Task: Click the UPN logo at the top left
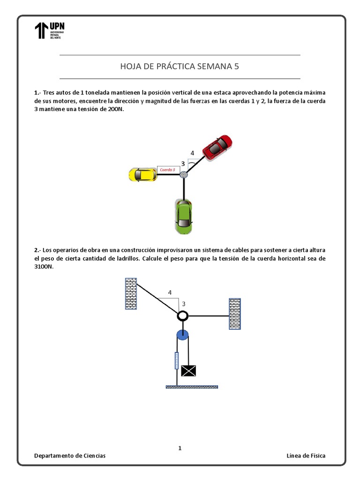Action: [49, 30]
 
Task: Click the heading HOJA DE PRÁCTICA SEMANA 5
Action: [180, 66]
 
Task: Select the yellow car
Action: [142, 174]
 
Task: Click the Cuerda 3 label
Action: [168, 170]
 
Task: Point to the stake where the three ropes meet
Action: [184, 175]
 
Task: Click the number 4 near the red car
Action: [192, 153]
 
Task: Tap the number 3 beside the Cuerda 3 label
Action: [183, 164]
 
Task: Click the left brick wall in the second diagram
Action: [131, 293]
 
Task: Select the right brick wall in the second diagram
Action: [234, 314]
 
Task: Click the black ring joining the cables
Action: [183, 316]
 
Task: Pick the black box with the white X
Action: [188, 371]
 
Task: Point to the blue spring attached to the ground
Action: [177, 361]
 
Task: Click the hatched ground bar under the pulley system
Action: [192, 387]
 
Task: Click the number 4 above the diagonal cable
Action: [170, 293]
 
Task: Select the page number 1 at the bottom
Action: [180, 448]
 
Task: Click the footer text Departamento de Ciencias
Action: [70, 456]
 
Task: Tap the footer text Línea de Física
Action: [306, 456]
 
